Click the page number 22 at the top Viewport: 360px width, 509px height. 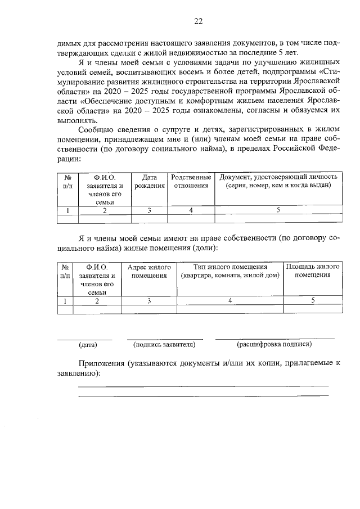coord(197,22)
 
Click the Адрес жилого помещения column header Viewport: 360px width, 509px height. coord(149,271)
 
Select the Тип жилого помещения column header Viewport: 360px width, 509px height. coord(229,271)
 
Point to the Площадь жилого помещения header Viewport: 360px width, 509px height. coord(312,271)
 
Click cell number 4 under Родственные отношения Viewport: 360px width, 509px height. coord(191,210)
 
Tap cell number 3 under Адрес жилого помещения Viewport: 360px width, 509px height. coord(149,301)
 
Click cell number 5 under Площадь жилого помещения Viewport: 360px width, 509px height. coord(312,301)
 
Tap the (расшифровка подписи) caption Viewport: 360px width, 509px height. coord(274,344)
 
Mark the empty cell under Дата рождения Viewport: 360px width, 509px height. coord(149,219)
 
